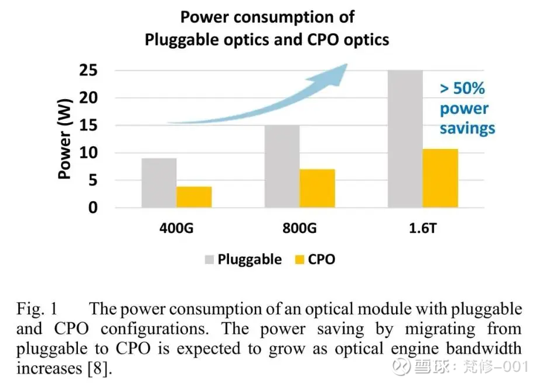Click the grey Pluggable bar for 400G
pyautogui.click(x=159, y=182)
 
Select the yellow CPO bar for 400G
pyautogui.click(x=194, y=197)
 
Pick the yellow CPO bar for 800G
pyautogui.click(x=317, y=188)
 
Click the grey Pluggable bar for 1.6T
pyautogui.click(x=405, y=139)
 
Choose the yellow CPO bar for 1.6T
pyautogui.click(x=441, y=178)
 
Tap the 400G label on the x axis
pyautogui.click(x=176, y=228)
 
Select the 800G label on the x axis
pyautogui.click(x=299, y=228)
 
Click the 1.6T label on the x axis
pyautogui.click(x=423, y=228)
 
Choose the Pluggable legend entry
pyautogui.click(x=249, y=259)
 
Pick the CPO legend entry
pyautogui.click(x=321, y=259)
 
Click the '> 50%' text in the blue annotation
pyautogui.click(x=463, y=89)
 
